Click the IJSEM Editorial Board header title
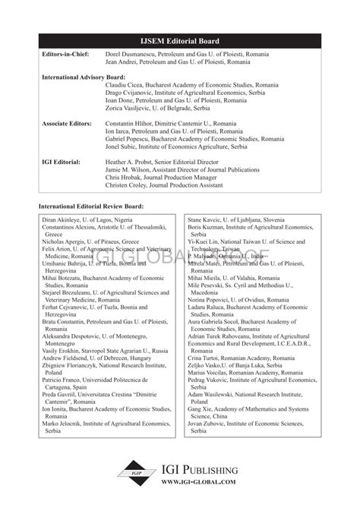(180, 43)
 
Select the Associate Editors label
(67, 123)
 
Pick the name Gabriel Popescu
(128, 139)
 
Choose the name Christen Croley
(129, 185)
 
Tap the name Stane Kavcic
(207, 219)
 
